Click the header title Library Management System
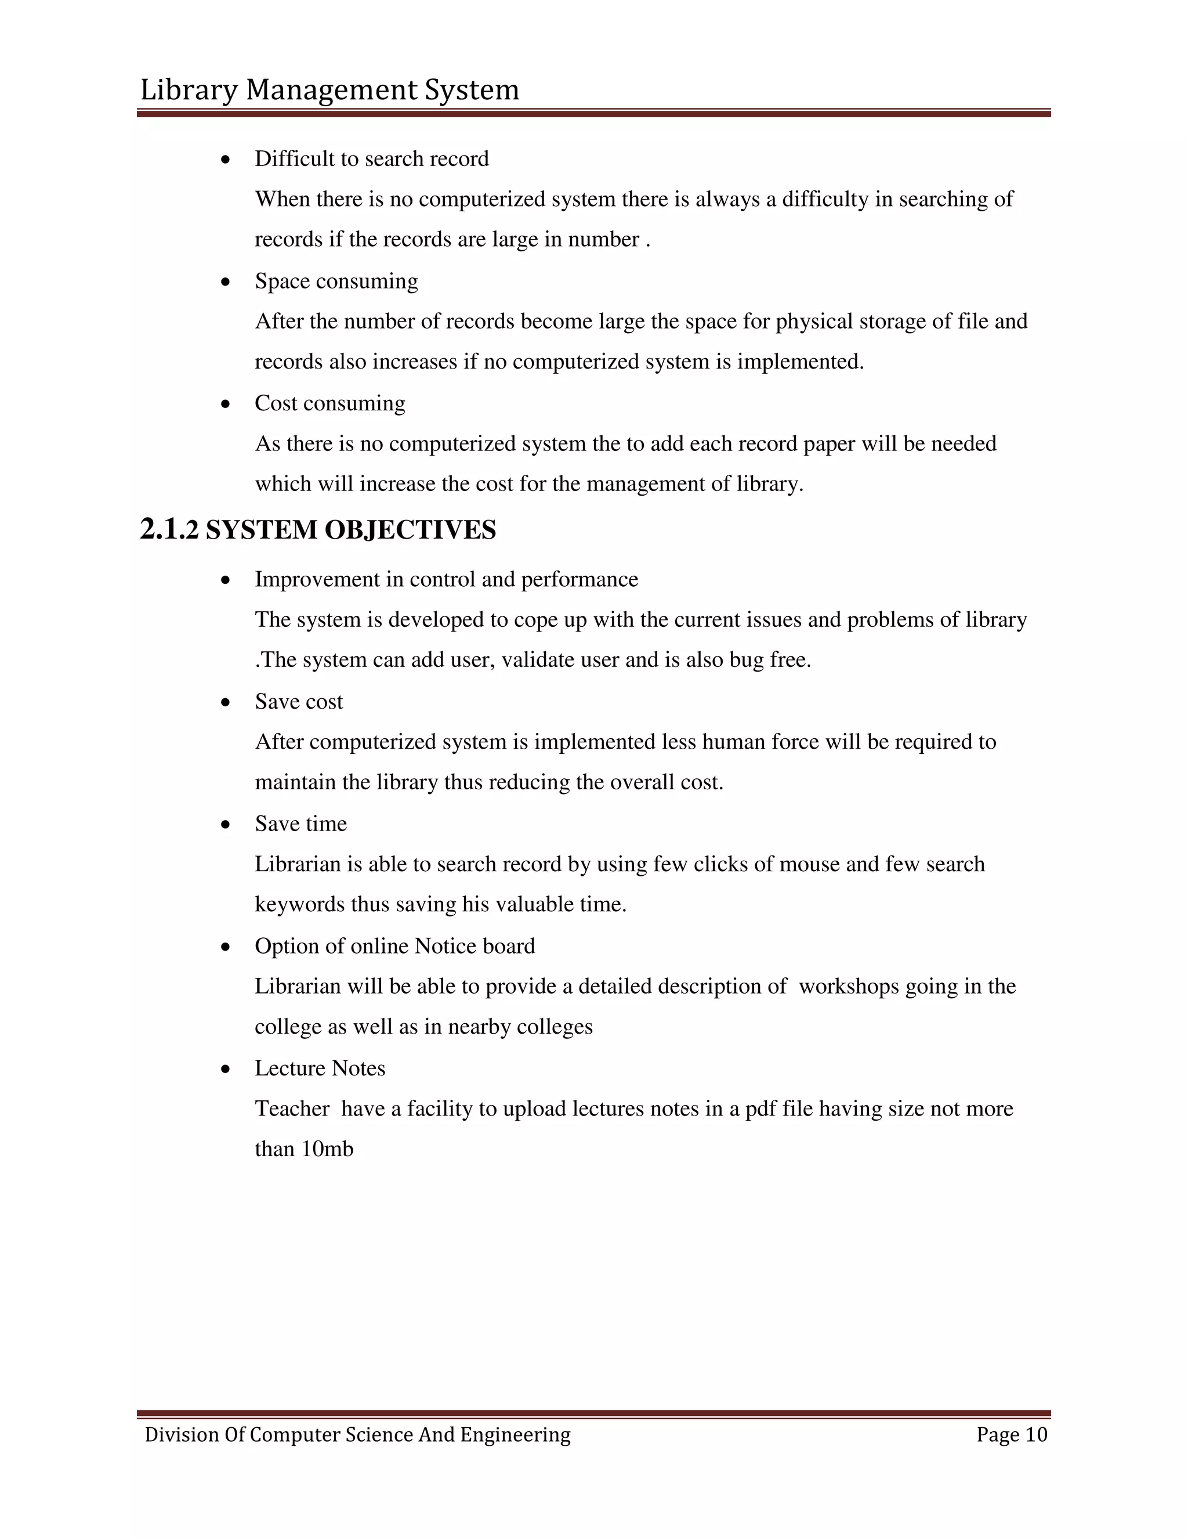(329, 90)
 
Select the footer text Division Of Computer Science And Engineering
(357, 1435)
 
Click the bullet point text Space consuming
(336, 281)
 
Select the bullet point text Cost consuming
(329, 403)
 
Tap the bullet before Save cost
(225, 703)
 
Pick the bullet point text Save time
(300, 824)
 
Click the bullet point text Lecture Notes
(320, 1068)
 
